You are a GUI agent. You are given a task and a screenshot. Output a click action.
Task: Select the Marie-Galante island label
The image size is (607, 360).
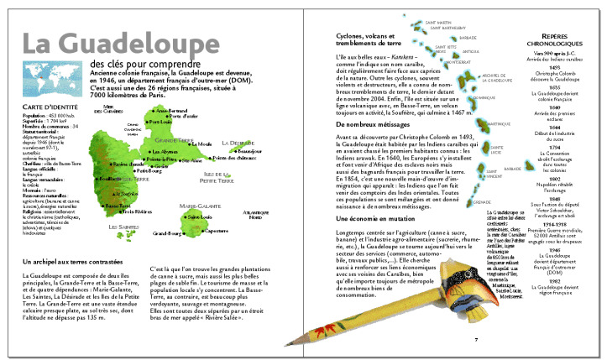coord(198,205)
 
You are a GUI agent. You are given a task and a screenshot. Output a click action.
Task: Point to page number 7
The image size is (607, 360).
coord(476,339)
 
